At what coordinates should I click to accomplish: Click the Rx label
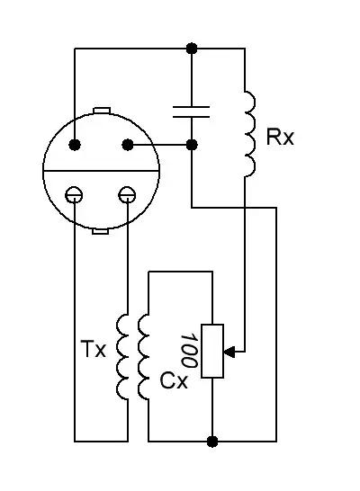280,137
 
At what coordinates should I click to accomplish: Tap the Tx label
94,349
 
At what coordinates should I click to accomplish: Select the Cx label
174,380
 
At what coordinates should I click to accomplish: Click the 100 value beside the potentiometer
189,351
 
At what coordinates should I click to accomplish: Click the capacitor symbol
191,112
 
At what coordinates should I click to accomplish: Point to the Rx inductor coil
249,134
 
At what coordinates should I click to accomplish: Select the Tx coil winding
122,357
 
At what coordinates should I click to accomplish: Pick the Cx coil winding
143,357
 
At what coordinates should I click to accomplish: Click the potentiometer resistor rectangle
212,351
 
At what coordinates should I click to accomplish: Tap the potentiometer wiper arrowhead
229,352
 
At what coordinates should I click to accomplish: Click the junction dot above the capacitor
192,49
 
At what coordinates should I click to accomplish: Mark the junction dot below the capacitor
192,145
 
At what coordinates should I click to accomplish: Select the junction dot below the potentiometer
212,442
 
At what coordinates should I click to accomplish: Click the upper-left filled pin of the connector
75,145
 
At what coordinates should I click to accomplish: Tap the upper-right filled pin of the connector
127,145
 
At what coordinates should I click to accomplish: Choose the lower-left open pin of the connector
75,195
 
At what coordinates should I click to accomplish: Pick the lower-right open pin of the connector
127,195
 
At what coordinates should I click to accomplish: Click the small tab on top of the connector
102,111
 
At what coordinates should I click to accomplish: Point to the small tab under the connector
101,231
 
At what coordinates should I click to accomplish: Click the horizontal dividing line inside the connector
101,171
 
